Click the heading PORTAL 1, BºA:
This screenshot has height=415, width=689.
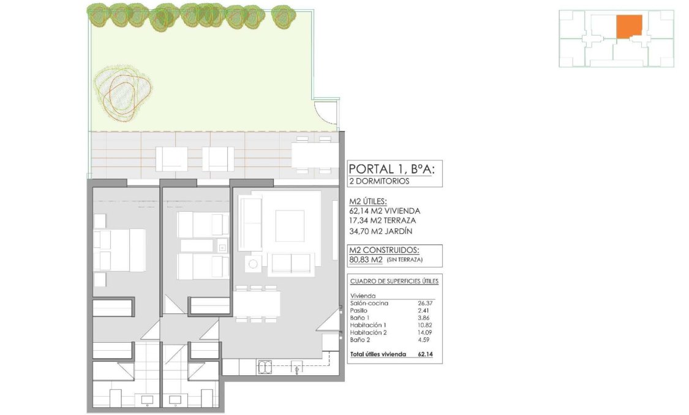click(391, 169)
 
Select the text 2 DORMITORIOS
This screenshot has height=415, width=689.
click(379, 181)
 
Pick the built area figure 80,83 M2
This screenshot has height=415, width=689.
click(366, 260)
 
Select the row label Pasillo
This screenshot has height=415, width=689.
click(360, 311)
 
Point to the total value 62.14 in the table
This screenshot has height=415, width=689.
click(425, 354)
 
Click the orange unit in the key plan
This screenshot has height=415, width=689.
click(628, 27)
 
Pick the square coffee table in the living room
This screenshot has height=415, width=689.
click(290, 225)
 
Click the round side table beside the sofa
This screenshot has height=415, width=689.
click(252, 264)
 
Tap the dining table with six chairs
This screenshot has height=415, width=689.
click(257, 303)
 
